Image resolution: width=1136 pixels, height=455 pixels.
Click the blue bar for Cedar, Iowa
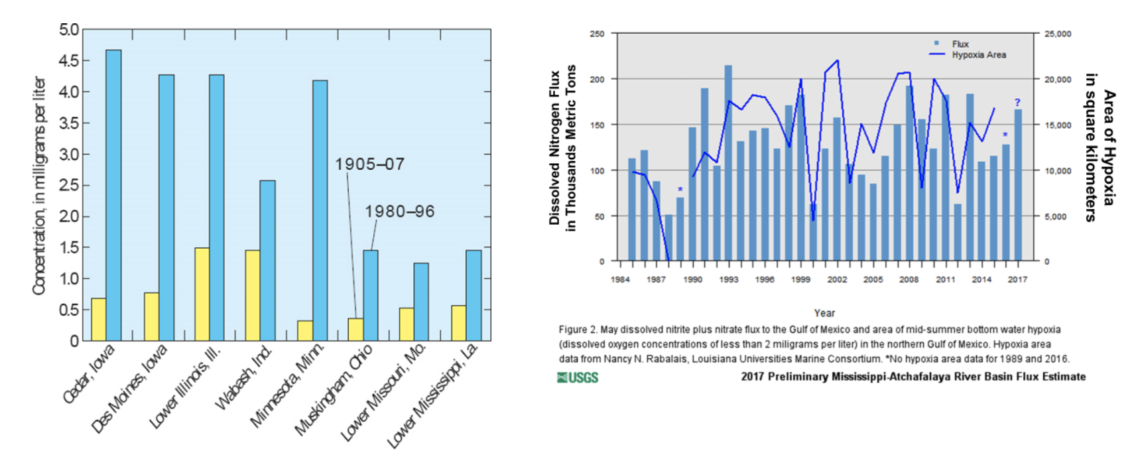[x=113, y=195]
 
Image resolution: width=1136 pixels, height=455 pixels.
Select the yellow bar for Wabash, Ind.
[x=252, y=295]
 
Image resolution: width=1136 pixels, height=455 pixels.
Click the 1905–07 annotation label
[x=369, y=164]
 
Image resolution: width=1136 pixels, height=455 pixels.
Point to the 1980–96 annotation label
[x=399, y=212]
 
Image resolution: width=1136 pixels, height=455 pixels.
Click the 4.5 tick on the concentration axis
[x=68, y=61]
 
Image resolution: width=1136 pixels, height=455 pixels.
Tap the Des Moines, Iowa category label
[x=129, y=388]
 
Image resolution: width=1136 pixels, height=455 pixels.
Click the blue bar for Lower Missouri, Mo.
[x=421, y=302]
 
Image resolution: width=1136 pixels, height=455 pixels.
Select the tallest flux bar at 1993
[x=728, y=162]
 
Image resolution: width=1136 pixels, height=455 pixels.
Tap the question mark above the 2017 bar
[x=1017, y=103]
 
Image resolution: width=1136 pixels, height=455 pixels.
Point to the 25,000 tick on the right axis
[x=1058, y=34]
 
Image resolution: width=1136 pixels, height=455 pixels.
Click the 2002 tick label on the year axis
[x=837, y=279]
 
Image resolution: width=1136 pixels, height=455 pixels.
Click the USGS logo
[x=578, y=377]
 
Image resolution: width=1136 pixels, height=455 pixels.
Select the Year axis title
[x=824, y=313]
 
